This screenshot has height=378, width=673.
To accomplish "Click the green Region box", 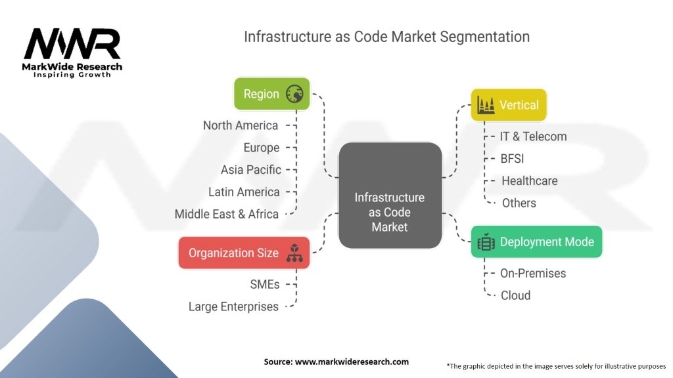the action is click(x=271, y=94).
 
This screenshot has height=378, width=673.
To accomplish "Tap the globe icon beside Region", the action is click(x=294, y=94).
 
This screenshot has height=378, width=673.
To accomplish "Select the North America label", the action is click(x=240, y=125).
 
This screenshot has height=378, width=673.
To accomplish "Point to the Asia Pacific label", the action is click(x=250, y=170).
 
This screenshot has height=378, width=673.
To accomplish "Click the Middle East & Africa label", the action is click(x=226, y=214).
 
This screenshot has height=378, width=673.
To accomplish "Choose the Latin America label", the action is click(x=244, y=192).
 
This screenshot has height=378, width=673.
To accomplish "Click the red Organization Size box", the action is click(x=243, y=253).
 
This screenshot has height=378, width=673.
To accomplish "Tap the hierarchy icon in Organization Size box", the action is click(x=294, y=253).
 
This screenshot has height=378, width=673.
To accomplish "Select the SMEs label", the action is click(x=265, y=284).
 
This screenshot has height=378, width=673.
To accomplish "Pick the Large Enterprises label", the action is click(x=233, y=306).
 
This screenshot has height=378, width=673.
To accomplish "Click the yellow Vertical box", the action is click(x=509, y=105).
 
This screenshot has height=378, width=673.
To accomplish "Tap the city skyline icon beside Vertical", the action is click(x=486, y=105).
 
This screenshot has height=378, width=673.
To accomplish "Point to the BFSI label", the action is click(x=512, y=158).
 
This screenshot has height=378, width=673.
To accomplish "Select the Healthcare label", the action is click(x=529, y=180).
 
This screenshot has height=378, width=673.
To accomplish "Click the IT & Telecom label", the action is click(x=532, y=136).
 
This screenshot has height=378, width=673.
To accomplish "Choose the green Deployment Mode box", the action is click(x=536, y=242).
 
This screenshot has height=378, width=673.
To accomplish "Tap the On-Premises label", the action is click(x=533, y=273).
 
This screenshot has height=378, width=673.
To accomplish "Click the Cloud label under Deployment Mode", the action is click(x=515, y=295).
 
